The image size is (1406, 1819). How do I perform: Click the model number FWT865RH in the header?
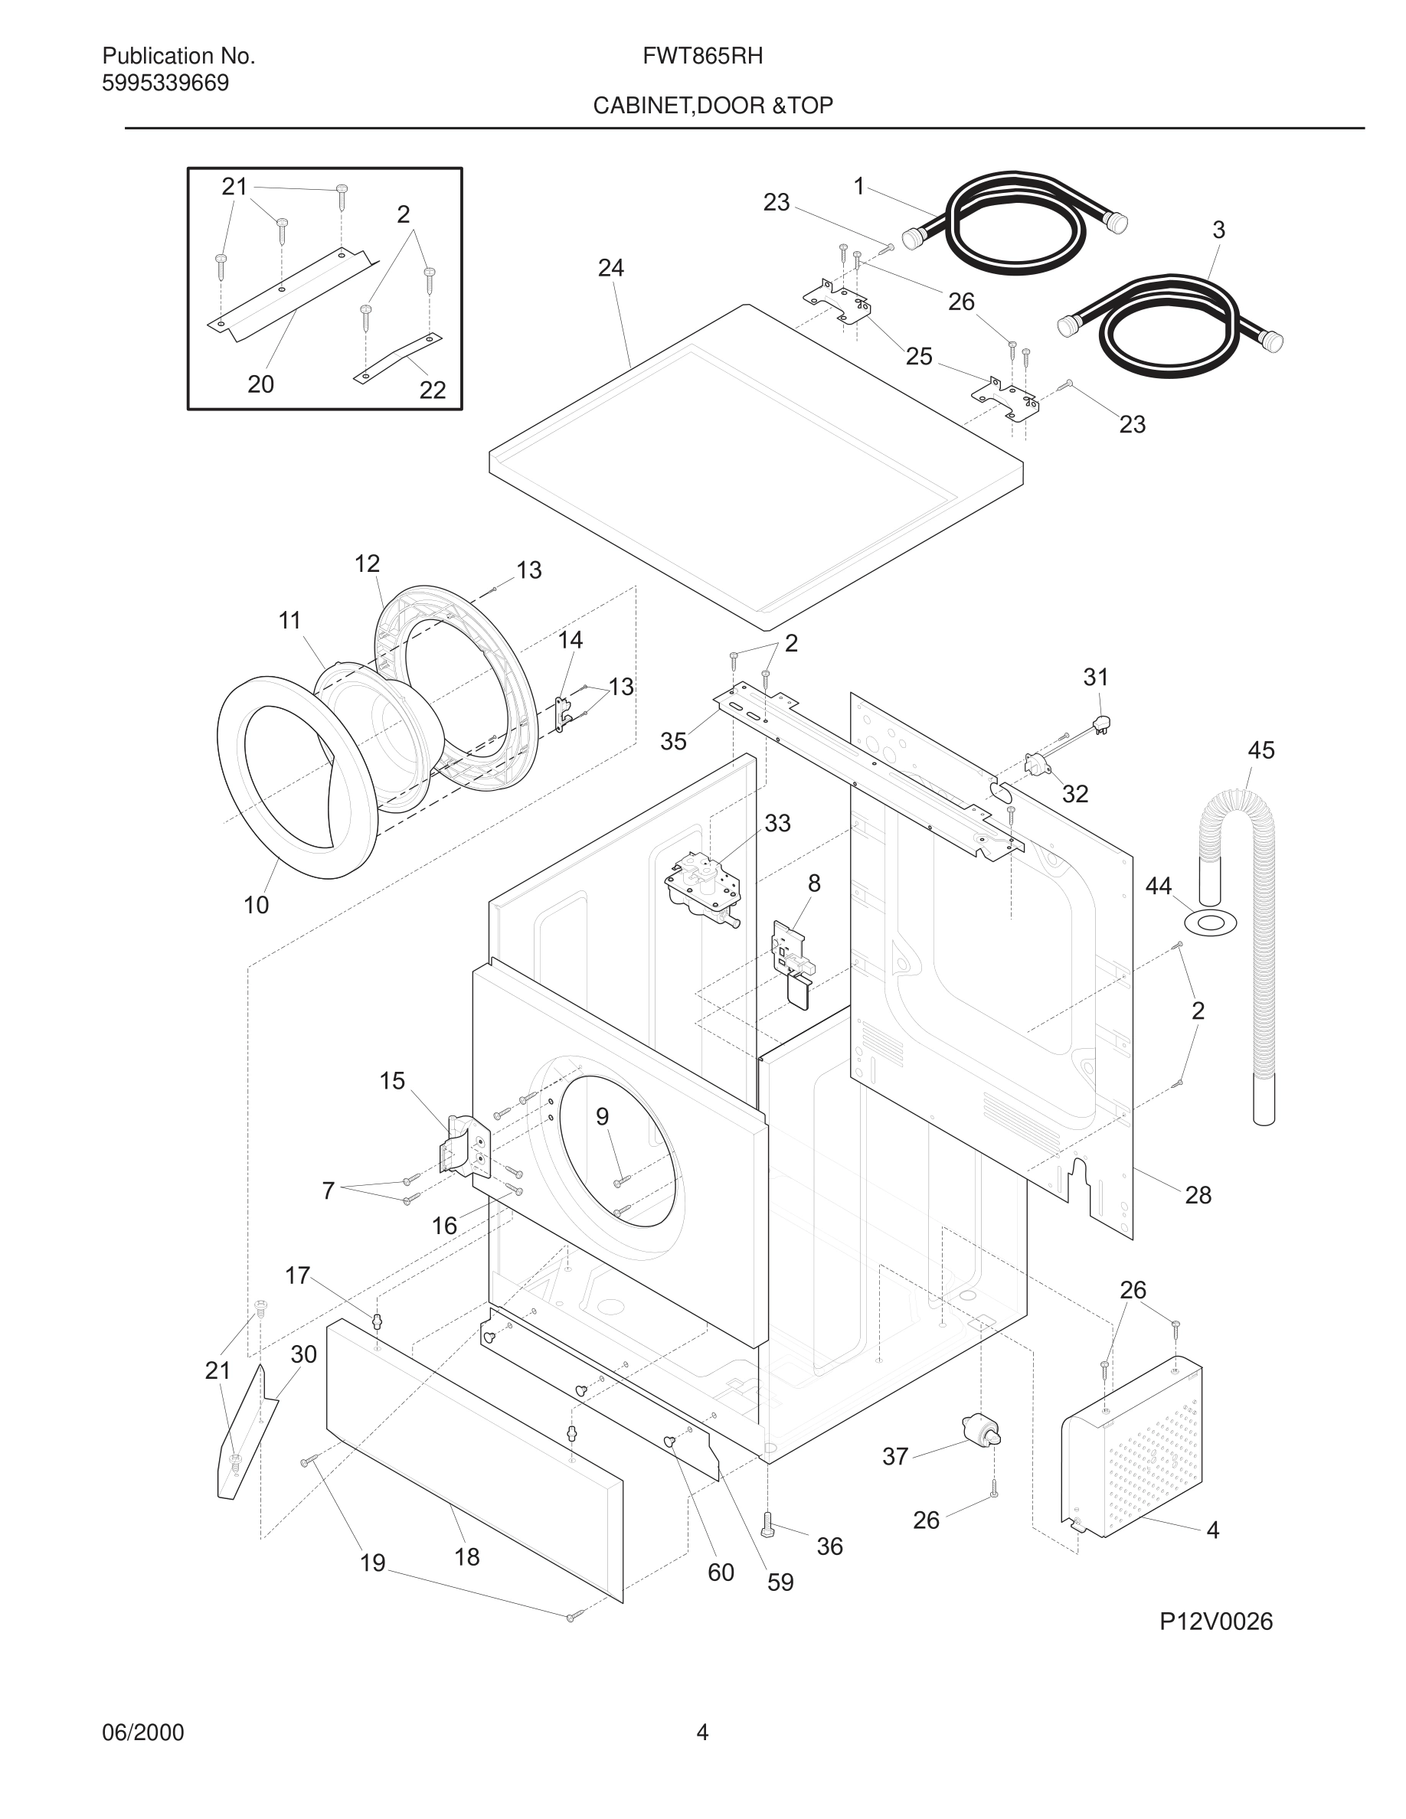pyautogui.click(x=702, y=56)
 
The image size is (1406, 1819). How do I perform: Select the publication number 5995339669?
pyautogui.click(x=165, y=83)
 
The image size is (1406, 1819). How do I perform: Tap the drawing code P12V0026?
pyautogui.click(x=1216, y=1621)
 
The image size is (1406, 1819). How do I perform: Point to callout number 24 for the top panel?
pyautogui.click(x=610, y=268)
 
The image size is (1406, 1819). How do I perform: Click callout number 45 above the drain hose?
pyautogui.click(x=1260, y=750)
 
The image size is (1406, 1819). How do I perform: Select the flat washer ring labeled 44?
pyautogui.click(x=1209, y=923)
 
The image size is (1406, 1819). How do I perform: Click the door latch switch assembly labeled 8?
pyautogui.click(x=791, y=954)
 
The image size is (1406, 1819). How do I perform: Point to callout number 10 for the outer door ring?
pyautogui.click(x=256, y=904)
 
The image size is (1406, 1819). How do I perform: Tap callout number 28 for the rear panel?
pyautogui.click(x=1198, y=1195)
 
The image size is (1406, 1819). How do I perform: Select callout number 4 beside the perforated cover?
pyautogui.click(x=1213, y=1530)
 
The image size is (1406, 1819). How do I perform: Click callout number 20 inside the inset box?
pyautogui.click(x=260, y=384)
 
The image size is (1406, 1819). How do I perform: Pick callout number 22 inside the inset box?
pyautogui.click(x=433, y=390)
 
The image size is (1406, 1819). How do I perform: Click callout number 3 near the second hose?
pyautogui.click(x=1218, y=230)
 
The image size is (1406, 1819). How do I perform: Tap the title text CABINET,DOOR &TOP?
pyautogui.click(x=713, y=106)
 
